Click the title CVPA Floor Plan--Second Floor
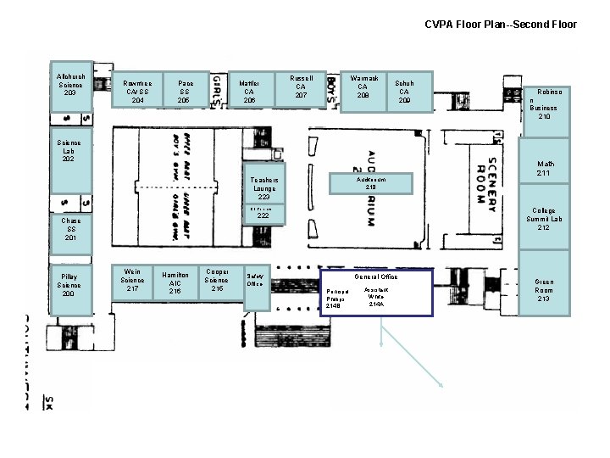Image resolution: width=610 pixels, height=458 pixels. point(501,24)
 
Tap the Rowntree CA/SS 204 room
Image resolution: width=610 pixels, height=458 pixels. point(137,90)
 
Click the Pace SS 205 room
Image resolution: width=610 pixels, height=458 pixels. point(184,90)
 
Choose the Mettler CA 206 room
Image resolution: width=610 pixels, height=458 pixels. point(250,90)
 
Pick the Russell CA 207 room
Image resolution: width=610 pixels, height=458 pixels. point(301,88)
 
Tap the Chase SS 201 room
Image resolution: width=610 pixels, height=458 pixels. point(71,229)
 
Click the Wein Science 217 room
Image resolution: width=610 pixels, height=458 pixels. point(133,282)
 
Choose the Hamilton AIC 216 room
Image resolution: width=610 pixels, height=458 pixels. point(175,284)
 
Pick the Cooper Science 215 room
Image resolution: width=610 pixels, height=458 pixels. point(217,282)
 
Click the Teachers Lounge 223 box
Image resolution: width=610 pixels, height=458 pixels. point(264,187)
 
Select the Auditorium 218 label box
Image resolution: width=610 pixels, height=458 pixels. point(370,183)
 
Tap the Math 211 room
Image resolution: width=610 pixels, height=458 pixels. point(544,170)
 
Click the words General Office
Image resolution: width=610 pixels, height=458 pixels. point(375,276)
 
